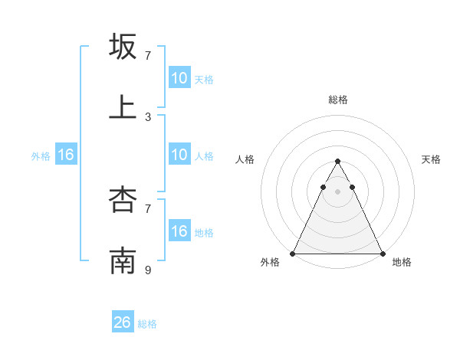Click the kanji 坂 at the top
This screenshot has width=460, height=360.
123,47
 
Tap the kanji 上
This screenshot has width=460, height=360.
123,107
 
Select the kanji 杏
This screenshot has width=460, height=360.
123,199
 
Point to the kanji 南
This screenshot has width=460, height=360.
123,260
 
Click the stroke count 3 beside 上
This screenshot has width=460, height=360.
148,116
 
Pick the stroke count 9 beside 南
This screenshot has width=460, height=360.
148,270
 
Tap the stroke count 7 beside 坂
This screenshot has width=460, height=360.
148,56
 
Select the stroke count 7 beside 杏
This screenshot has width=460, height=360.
148,208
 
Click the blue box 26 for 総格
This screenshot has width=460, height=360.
123,322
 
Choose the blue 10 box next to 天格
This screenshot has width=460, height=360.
179,78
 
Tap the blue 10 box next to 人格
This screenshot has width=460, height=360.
179,155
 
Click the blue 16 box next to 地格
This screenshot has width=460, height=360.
179,231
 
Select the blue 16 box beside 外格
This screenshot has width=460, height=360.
66,155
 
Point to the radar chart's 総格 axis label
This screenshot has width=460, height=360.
338,100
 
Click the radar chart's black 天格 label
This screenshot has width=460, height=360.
431,159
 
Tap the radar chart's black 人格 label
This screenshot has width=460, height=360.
245,159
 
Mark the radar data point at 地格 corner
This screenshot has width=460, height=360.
382,253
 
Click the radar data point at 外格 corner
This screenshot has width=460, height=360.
294,253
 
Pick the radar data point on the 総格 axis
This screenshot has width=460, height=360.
338,162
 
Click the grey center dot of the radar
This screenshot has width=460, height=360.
338,191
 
